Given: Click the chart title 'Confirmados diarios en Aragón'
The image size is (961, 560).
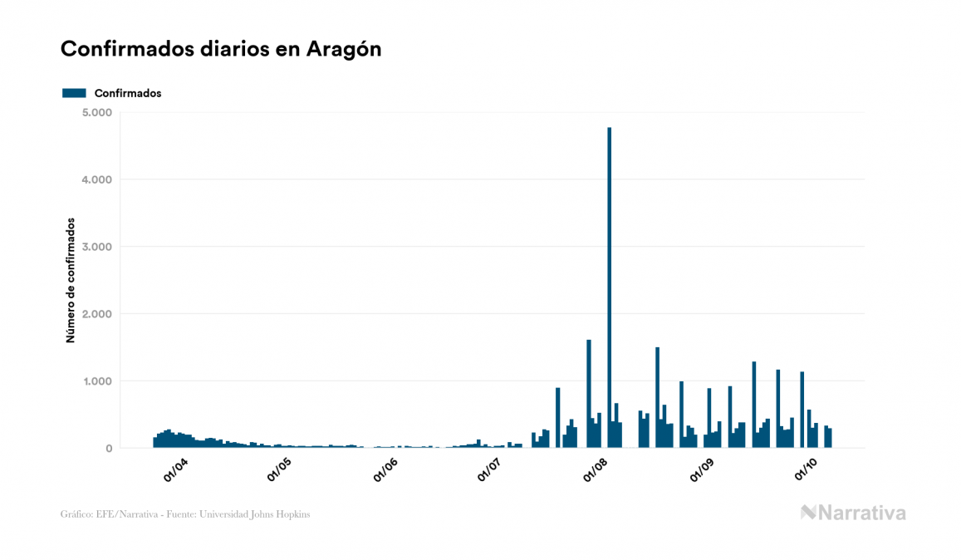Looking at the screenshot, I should pos(221,49).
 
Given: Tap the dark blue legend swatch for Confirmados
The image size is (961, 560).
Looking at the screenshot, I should pos(74,93).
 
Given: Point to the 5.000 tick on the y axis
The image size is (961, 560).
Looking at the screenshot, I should pos(99,112).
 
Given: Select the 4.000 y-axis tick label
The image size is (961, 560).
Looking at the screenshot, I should pos(99,179).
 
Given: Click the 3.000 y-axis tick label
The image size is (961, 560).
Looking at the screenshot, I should pos(99,247).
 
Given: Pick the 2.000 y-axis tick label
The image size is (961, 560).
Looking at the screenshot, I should pos(99,314).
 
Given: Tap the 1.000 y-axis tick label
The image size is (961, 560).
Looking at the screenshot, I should pos(99,381).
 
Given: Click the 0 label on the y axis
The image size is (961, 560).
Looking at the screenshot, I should pos(108,449).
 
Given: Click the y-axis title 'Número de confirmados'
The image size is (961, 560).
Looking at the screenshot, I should pos(71,281).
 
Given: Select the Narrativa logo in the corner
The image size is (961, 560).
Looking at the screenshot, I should pos(853,513).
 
